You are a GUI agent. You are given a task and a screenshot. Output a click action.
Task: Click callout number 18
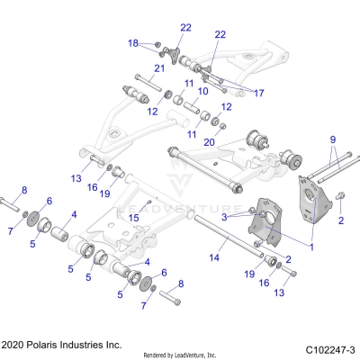pyautogui.click(x=133, y=42)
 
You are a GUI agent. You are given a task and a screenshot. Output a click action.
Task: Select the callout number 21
pyautogui.click(x=158, y=68)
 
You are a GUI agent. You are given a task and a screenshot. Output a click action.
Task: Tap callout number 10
pyautogui.click(x=203, y=91)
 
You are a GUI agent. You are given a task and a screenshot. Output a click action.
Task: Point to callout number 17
pyautogui.click(x=259, y=93)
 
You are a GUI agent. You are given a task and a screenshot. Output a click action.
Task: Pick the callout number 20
pyautogui.click(x=209, y=142)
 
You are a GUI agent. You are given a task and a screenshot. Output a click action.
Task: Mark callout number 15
pyautogui.click(x=134, y=217)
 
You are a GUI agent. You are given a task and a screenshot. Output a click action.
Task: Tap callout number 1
pyautogui.click(x=311, y=246)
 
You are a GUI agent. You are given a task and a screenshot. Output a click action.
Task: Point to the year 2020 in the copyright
pyautogui.click(x=17, y=345)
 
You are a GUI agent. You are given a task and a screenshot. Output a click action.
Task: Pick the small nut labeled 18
pyautogui.click(x=157, y=44)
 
